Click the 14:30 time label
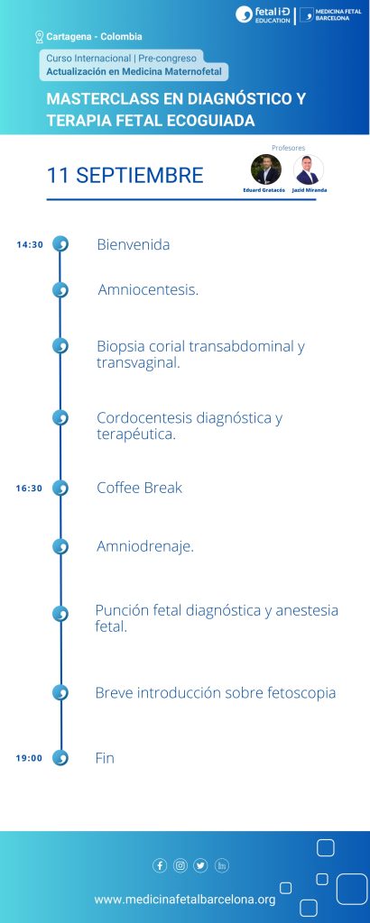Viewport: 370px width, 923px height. tap(30, 245)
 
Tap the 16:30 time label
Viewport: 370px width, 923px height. tap(29, 488)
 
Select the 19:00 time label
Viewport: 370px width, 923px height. tap(29, 758)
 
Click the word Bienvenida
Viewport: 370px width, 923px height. tap(134, 244)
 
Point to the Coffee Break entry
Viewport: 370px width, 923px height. tap(140, 488)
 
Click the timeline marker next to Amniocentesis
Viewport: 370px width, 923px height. tap(60, 290)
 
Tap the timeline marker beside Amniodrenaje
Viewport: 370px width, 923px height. tap(60, 547)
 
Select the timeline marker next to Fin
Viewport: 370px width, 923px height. tap(60, 757)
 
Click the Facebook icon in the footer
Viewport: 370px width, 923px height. tap(160, 865)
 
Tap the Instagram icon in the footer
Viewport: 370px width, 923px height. tap(180, 865)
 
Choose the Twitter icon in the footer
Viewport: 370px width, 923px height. tap(201, 865)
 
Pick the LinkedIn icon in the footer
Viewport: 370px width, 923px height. tap(221, 865)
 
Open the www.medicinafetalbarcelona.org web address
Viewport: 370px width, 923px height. tap(185, 900)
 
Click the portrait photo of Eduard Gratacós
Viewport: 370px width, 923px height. tap(265, 169)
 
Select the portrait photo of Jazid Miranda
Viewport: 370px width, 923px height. tap(308, 169)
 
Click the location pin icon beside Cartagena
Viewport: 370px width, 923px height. tap(40, 37)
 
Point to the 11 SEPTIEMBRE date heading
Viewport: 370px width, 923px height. tap(125, 176)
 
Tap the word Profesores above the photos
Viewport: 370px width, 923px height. tap(288, 148)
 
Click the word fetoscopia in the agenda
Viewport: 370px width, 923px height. tap(301, 693)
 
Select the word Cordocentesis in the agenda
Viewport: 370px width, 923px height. tap(144, 418)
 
